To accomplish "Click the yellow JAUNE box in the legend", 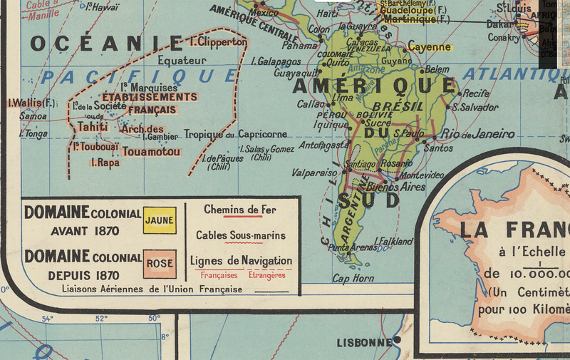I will (159, 220).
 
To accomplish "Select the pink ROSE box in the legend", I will (159, 264).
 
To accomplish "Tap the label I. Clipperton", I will (218, 42).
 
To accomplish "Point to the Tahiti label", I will (93, 127).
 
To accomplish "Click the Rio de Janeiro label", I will (477, 134).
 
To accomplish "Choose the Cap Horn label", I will (353, 279).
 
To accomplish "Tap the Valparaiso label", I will (313, 173).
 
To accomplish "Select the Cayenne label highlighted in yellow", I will (430, 47).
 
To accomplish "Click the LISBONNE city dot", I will (397, 340).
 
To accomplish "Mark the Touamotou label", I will (150, 151).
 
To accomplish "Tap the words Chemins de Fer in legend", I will (239, 210).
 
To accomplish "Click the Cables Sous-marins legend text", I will (241, 235).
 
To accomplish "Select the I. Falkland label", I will (393, 242).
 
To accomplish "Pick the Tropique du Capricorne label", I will (235, 134).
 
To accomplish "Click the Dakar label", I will (498, 24).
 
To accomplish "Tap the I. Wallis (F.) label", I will (31, 103).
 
